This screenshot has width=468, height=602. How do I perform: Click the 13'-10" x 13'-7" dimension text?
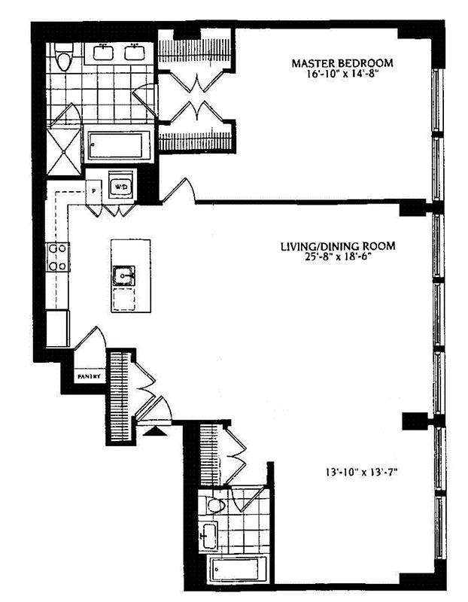356,474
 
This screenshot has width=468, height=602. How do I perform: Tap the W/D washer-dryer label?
120,185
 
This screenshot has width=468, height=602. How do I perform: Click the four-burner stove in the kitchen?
57,257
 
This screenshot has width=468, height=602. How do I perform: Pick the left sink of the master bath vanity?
104,52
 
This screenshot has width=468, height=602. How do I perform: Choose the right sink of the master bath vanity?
135,52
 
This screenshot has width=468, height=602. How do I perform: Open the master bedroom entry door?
177,192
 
